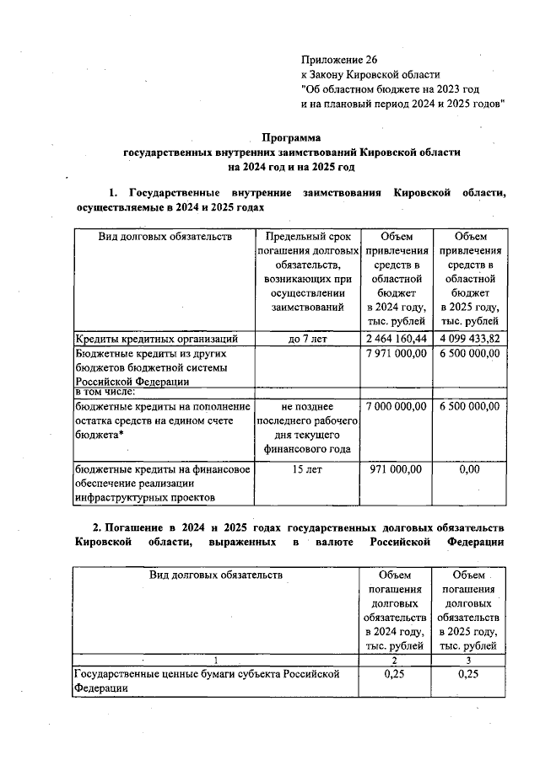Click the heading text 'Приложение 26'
(340, 60)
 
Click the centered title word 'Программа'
(291, 137)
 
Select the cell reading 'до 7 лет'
(307, 339)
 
